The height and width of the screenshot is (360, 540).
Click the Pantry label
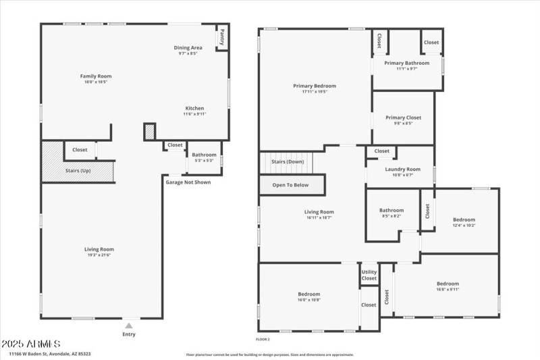(x=221, y=38)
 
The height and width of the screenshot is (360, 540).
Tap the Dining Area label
(x=188, y=47)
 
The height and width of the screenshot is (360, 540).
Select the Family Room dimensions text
(x=94, y=82)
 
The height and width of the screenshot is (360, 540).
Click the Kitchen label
(x=194, y=108)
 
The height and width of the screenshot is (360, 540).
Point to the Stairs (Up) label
(x=78, y=170)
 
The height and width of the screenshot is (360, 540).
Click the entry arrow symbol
(x=129, y=326)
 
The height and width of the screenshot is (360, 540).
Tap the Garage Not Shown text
(x=188, y=182)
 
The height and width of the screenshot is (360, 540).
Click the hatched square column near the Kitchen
(x=150, y=132)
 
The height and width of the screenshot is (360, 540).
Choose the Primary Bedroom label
(x=314, y=86)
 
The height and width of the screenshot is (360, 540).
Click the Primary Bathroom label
(x=407, y=63)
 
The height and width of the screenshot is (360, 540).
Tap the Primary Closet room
(x=404, y=120)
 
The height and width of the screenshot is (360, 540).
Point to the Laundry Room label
(x=402, y=169)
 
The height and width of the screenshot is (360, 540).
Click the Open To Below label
(x=290, y=184)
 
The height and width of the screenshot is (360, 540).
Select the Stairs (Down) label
(x=288, y=162)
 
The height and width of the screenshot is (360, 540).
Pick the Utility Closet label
(x=369, y=274)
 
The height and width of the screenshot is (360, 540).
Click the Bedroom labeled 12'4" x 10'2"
(x=464, y=222)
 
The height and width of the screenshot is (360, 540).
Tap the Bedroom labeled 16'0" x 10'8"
(x=309, y=297)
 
